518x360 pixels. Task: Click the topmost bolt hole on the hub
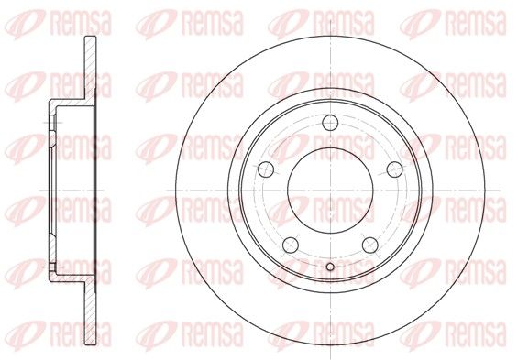330,123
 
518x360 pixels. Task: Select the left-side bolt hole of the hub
266,169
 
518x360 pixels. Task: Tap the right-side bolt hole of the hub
395,169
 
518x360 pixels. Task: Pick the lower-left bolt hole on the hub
291,245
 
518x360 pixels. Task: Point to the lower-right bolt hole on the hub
370,245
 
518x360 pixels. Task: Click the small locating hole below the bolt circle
330,267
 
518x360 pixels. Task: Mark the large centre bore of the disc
330,191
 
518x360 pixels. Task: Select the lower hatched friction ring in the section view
90,312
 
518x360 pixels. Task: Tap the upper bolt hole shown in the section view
52,123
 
